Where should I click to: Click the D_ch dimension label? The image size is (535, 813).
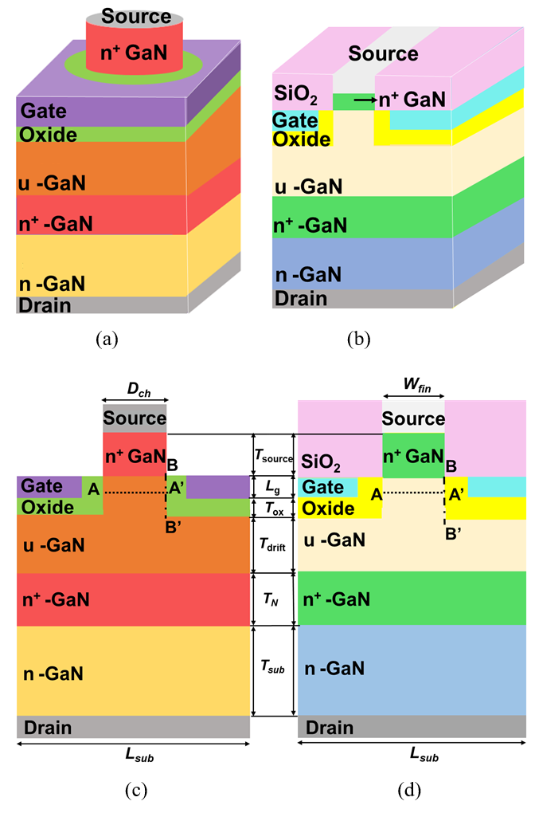139,390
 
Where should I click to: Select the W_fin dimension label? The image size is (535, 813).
417,385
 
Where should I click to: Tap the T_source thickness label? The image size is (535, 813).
273,456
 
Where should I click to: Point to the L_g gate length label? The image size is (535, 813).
273,487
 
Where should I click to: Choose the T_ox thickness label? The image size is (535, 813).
273,509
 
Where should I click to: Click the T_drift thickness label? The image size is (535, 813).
272,544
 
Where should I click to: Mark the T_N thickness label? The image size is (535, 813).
271,599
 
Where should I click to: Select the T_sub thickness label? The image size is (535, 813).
272,667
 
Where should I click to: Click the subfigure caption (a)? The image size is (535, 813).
107,339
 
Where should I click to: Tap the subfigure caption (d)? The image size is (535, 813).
409,790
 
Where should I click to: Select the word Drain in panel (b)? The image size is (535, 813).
301,299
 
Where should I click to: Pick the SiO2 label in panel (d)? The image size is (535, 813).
321,461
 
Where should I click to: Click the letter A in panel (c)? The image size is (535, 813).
93,489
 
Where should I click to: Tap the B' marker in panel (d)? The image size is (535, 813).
453,533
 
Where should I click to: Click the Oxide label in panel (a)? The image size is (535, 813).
48,135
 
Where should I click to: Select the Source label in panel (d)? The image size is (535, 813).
413,418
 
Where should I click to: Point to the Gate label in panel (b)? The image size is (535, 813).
295,121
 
